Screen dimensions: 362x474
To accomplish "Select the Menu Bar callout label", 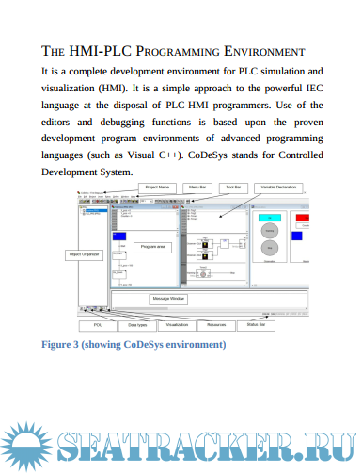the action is point(197,188).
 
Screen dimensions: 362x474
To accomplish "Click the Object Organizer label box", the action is point(83,254).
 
